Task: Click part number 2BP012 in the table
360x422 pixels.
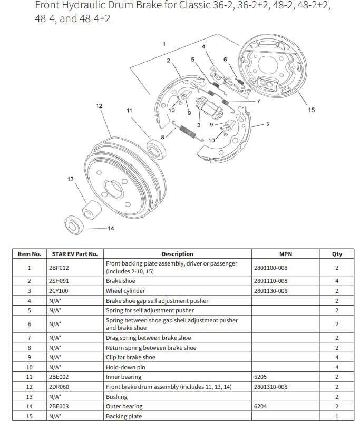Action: (x=59, y=268)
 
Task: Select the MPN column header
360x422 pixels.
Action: (x=285, y=254)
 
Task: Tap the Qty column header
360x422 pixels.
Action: (x=337, y=254)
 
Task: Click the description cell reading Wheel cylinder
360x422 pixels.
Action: (x=125, y=291)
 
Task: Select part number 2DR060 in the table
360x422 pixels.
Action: (x=60, y=387)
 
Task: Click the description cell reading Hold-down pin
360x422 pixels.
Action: (x=124, y=367)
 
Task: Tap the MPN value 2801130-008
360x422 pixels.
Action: (x=270, y=291)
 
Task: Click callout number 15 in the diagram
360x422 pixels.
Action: (x=312, y=110)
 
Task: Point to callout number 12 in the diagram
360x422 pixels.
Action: (x=99, y=106)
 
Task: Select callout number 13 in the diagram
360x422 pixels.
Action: (x=71, y=179)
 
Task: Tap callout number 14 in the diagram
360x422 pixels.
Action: (x=111, y=228)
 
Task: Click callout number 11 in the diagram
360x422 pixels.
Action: (x=129, y=110)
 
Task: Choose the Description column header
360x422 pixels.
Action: (x=177, y=254)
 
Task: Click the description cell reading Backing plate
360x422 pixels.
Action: (x=124, y=417)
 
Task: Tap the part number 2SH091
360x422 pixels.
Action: (x=59, y=281)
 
